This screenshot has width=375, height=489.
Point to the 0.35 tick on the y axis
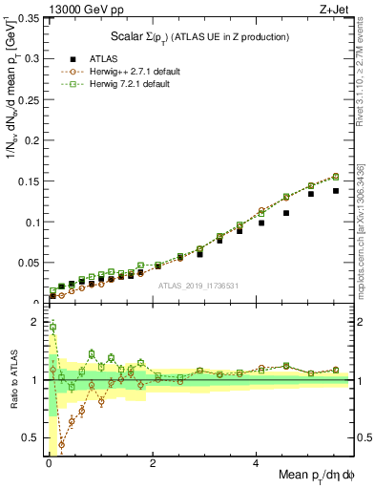point(29,18)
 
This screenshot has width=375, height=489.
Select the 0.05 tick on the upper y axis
point(29,263)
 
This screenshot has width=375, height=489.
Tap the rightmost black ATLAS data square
point(336,191)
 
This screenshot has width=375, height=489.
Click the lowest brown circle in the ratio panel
point(62,444)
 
